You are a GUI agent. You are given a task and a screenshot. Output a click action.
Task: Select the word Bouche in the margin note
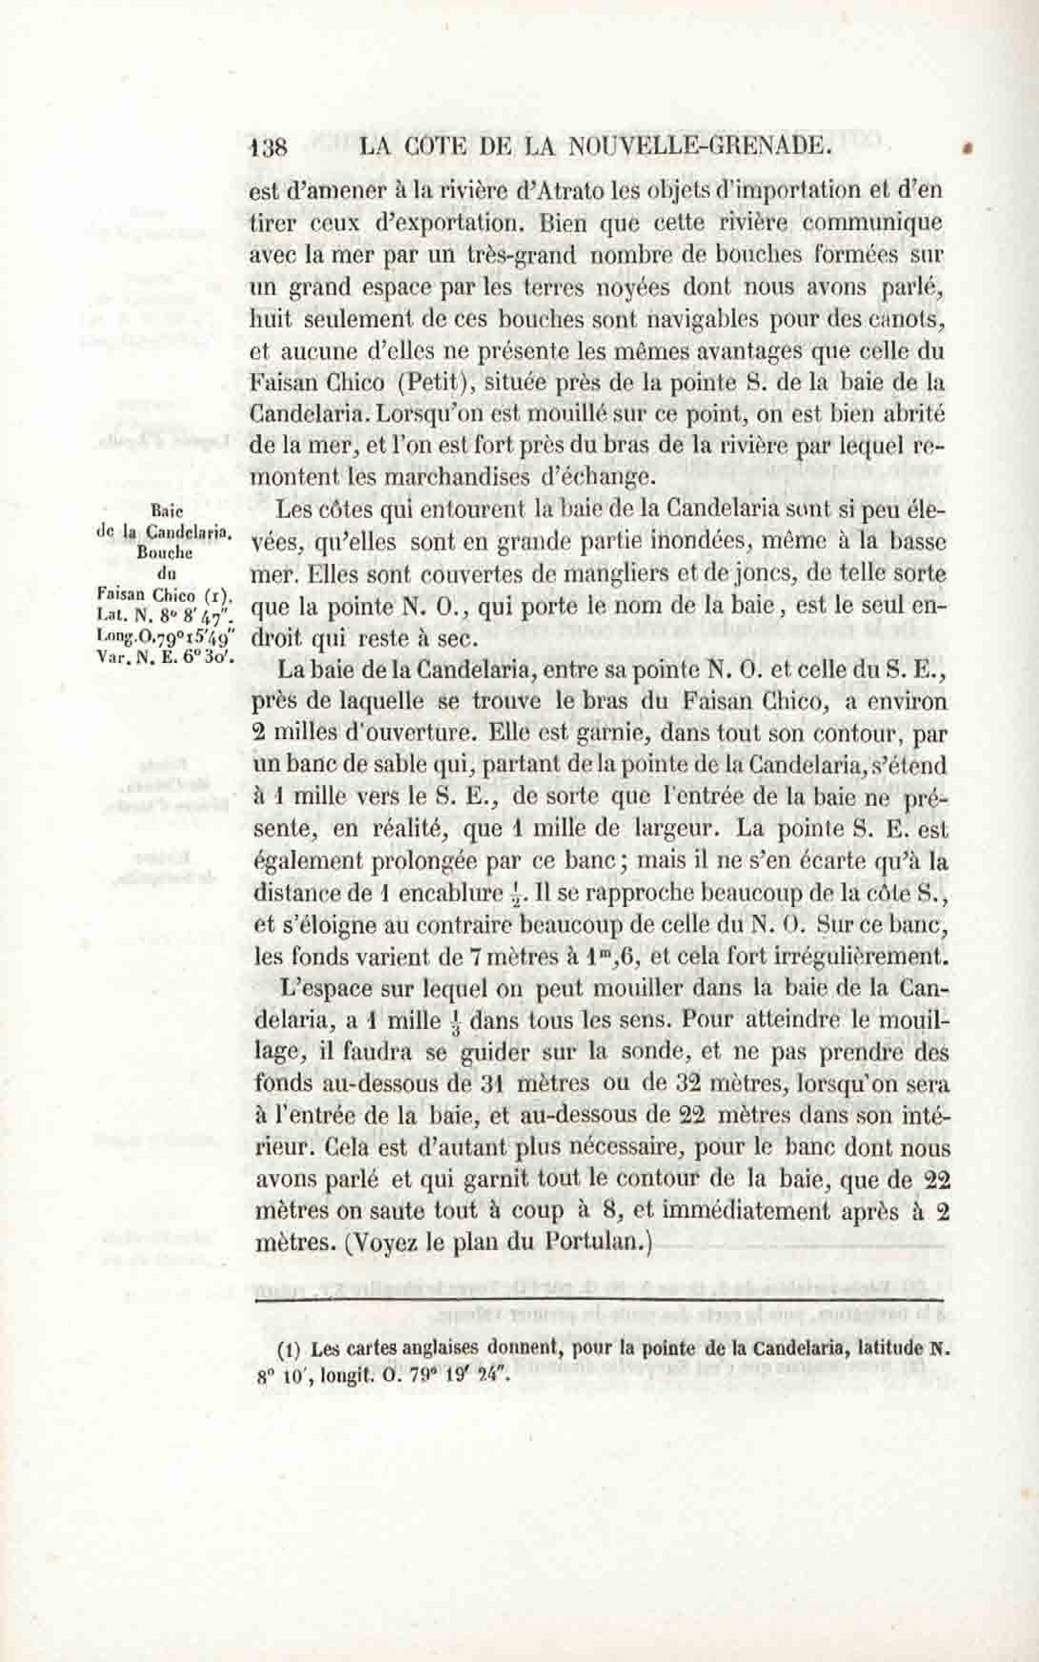coord(165,552)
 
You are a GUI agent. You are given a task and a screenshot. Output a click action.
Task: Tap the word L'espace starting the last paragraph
coord(324,989)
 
